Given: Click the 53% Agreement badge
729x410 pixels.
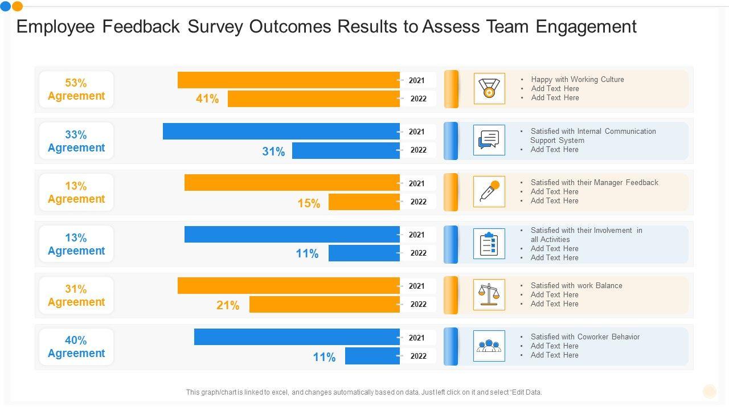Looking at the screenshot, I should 76,89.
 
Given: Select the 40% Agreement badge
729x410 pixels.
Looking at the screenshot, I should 76,347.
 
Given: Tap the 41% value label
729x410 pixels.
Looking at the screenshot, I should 207,99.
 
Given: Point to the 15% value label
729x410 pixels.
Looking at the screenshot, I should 309,203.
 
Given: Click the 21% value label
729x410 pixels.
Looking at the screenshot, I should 228,306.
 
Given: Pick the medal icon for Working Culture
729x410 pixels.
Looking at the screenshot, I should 489,88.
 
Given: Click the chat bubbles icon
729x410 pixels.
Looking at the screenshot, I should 489,140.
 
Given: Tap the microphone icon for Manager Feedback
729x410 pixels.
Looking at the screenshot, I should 489,191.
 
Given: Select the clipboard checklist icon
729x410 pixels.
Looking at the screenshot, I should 489,244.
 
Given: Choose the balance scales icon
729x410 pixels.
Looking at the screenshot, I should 489,294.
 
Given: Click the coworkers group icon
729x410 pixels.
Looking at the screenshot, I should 489,346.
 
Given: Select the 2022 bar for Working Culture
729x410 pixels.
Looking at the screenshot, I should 314,99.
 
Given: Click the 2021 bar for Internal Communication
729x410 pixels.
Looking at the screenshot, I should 281,132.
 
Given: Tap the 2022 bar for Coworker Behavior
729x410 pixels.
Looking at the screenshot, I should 372,356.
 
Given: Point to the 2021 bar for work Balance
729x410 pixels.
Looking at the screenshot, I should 289,286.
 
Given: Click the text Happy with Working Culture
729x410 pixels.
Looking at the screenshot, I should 578,80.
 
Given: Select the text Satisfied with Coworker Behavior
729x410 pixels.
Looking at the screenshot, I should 585,337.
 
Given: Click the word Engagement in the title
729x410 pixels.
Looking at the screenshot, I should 586,27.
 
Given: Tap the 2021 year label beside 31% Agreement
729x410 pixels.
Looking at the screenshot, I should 416,286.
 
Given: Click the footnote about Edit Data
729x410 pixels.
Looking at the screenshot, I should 364,392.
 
